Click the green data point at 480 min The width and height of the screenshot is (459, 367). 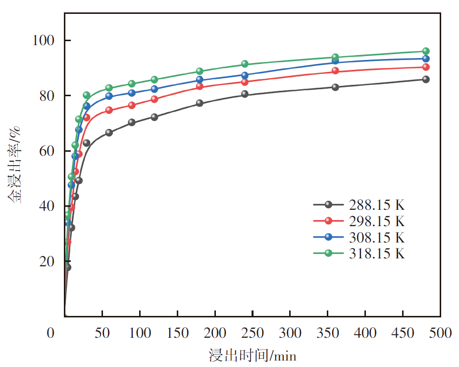click(x=426, y=51)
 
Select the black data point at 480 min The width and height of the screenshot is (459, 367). click(x=426, y=79)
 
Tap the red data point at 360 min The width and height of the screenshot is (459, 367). click(x=335, y=70)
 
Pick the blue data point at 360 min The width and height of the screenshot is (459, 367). click(x=335, y=61)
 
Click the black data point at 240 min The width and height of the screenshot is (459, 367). click(x=245, y=94)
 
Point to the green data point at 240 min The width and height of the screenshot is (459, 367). click(x=245, y=64)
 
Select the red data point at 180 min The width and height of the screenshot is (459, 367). click(x=200, y=86)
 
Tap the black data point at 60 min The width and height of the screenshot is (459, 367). click(x=109, y=132)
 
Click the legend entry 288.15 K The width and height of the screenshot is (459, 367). click(x=376, y=204)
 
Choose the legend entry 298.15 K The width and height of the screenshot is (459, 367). click(x=376, y=221)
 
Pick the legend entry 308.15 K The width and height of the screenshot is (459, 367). click(x=376, y=237)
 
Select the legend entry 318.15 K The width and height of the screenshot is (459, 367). click(x=376, y=253)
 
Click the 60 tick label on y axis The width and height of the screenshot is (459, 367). click(x=49, y=151)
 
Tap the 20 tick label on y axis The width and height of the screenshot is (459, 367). click(x=49, y=261)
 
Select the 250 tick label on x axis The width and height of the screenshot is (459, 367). click(x=252, y=333)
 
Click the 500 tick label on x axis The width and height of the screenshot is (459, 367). click(x=440, y=333)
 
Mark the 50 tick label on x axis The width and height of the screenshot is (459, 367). click(x=102, y=333)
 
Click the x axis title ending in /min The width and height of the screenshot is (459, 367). click(x=253, y=355)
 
